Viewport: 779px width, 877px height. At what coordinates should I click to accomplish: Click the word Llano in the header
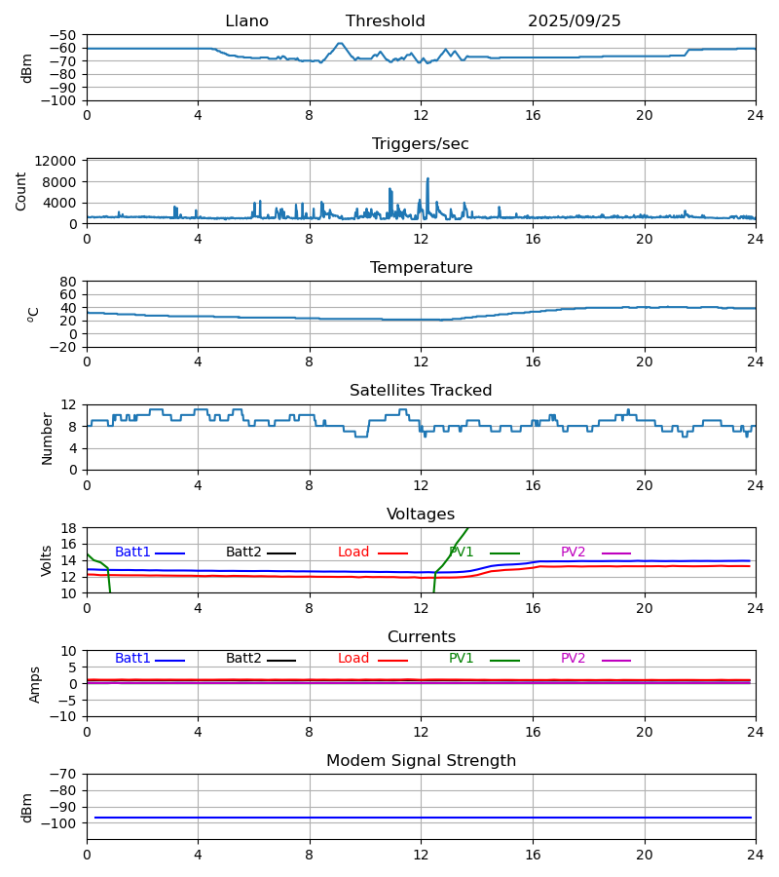[246, 21]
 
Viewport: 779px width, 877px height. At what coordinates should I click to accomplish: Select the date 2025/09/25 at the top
[575, 21]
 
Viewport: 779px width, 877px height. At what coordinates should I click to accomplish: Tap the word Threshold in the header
[385, 21]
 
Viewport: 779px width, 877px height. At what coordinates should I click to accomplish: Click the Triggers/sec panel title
[421, 144]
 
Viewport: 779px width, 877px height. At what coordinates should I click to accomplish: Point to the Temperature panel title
[421, 268]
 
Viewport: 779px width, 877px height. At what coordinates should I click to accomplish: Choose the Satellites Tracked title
[421, 391]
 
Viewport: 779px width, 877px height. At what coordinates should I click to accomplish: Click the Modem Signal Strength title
[421, 761]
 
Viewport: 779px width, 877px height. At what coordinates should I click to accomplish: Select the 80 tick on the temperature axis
[68, 282]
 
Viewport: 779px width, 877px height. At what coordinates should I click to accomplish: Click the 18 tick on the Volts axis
[68, 528]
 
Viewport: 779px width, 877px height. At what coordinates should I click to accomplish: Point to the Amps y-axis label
[35, 684]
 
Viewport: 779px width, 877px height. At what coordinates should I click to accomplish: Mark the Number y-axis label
[48, 438]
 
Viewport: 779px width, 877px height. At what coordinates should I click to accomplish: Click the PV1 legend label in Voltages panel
[462, 553]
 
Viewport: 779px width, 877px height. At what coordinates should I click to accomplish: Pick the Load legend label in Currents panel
[353, 659]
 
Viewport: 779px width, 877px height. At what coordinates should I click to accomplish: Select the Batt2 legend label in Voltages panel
[244, 553]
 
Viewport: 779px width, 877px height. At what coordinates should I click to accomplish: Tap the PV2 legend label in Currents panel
[574, 659]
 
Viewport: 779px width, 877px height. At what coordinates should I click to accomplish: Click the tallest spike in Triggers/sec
[427, 179]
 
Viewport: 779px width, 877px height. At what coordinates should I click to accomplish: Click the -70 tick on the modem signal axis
[64, 775]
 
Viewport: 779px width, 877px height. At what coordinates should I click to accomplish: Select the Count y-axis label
[22, 191]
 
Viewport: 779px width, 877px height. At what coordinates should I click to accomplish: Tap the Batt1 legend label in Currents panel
[132, 659]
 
